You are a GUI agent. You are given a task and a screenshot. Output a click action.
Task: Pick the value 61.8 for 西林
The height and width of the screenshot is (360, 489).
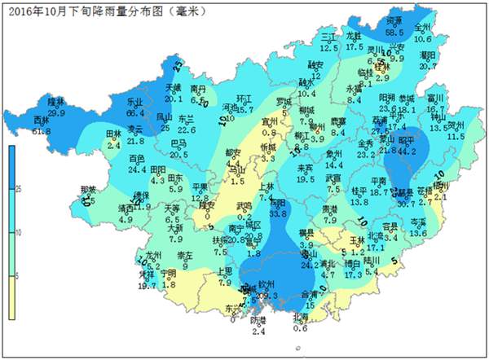coord(42,130)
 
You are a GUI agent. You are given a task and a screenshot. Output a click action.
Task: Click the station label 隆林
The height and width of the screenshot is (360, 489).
coord(56,102)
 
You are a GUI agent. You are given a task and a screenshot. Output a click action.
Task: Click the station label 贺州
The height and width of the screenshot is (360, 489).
coord(456,125)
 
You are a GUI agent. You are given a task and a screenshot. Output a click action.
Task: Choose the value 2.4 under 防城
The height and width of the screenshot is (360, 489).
coord(258,331)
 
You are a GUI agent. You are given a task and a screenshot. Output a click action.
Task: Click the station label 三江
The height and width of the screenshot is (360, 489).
coord(328,37)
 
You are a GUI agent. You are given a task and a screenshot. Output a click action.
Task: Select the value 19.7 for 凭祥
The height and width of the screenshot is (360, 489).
coord(147,285)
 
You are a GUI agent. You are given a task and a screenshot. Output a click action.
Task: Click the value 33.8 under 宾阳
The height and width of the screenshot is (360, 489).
coord(279,213)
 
